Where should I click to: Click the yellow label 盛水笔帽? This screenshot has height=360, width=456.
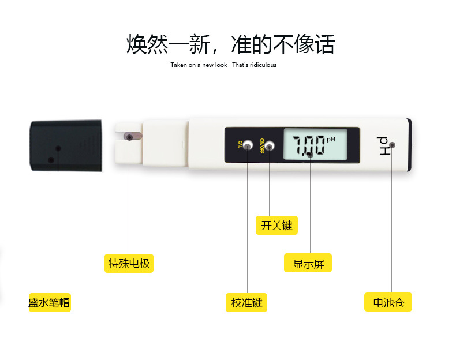coord(50,302)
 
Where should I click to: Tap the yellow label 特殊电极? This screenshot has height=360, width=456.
coord(129,263)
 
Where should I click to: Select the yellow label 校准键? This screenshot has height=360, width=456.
coord(246,302)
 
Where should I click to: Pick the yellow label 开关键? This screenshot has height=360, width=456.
coord(276,225)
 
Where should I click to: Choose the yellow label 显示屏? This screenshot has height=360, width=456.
coord(308,263)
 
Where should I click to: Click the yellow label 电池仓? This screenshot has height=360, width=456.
coord(388,302)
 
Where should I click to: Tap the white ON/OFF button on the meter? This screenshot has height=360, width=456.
coord(270,145)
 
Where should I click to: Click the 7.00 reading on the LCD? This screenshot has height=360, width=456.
coord(309,145)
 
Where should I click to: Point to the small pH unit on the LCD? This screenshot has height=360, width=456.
coord(331,140)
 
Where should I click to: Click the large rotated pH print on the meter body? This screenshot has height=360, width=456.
coord(383,145)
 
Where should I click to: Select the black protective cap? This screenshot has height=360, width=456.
coord(66,145)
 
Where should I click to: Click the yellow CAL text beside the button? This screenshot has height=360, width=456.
coord(240,144)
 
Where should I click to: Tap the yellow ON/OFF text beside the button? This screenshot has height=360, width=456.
coord(261,145)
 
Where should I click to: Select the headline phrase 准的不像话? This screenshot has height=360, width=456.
coord(283,44)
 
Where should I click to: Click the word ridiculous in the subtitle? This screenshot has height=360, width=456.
coord(263,65)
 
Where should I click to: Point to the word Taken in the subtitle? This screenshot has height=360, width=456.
coord(179,65)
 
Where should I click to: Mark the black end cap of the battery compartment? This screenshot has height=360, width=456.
coord(409,145)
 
